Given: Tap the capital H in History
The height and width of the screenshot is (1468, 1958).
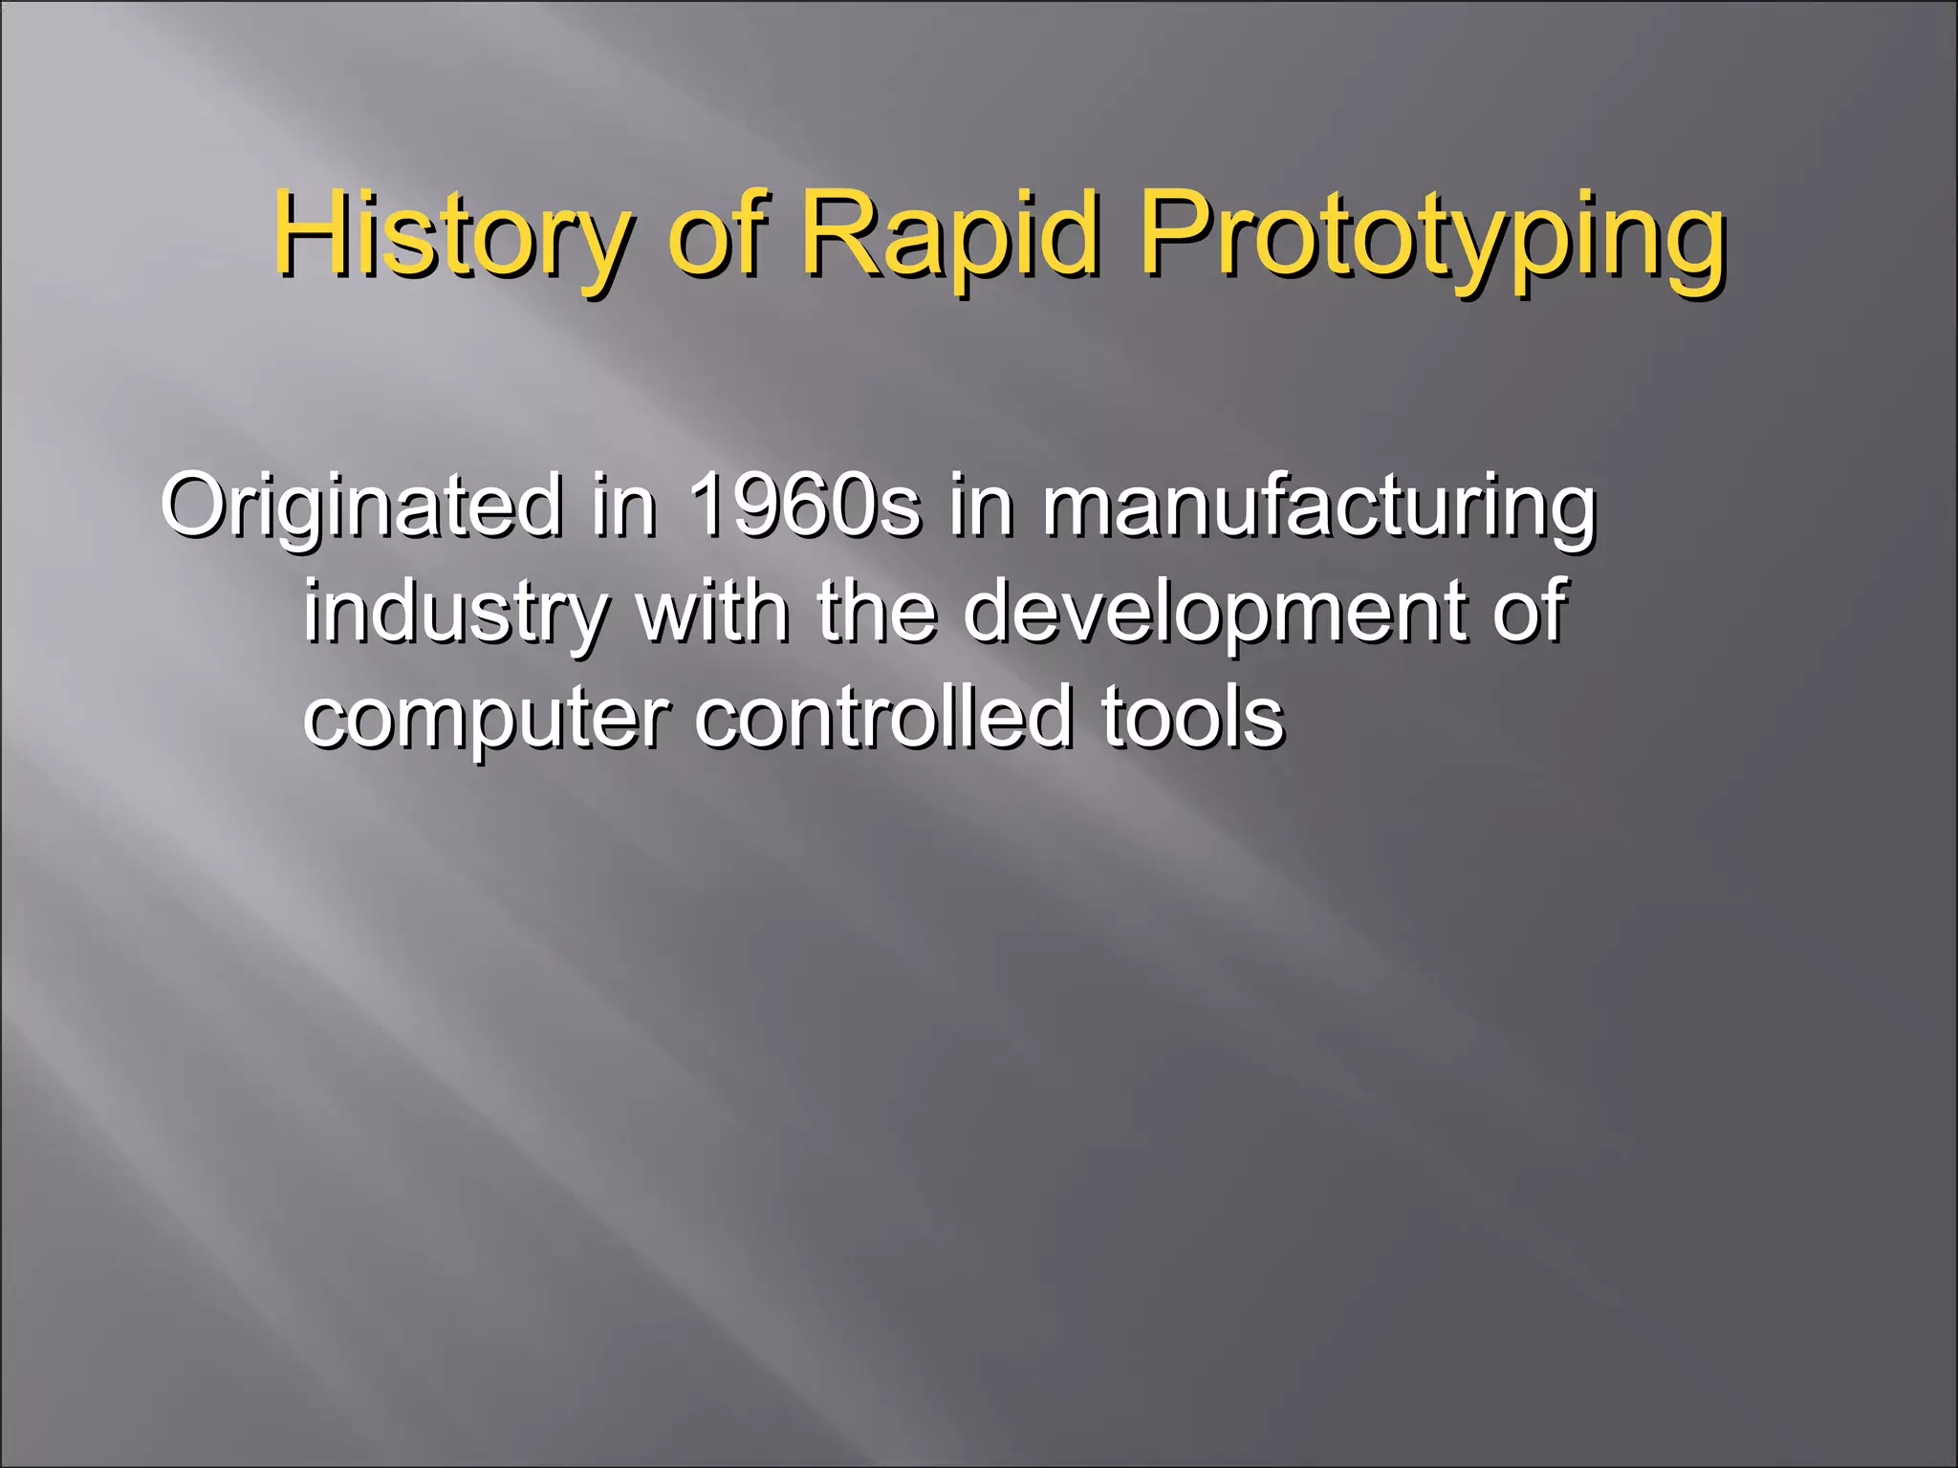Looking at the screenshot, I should [305, 233].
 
